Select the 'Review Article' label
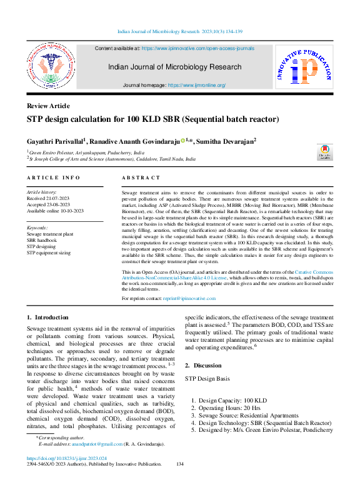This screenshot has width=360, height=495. pos(48,106)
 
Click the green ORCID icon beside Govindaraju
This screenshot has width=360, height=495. pos(182,141)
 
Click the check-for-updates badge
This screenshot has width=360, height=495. pos(324,153)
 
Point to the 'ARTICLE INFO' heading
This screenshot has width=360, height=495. pos(53,178)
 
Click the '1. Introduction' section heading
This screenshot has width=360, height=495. pos(47,318)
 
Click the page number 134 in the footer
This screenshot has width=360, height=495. pos(180,464)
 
